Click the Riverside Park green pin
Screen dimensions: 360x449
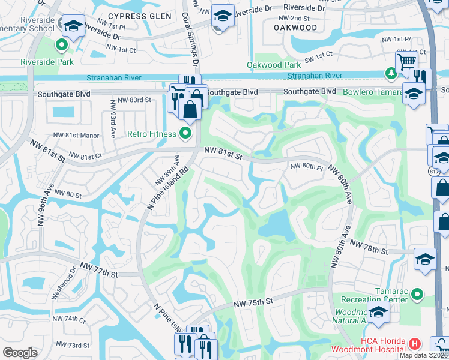tap(61, 45)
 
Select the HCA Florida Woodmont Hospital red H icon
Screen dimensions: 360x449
tap(414, 344)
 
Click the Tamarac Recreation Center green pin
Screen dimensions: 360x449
tap(415, 295)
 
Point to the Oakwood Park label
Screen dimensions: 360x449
tap(273, 65)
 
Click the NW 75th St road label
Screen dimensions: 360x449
tap(253, 302)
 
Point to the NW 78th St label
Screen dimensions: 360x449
tap(370, 246)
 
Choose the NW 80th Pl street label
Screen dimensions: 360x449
tap(307, 166)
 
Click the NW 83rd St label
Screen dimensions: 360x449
tap(134, 100)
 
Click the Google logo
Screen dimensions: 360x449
tap(20, 353)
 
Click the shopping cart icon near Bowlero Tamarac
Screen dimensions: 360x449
tap(406, 61)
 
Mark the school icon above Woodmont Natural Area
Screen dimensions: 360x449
tap(378, 313)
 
